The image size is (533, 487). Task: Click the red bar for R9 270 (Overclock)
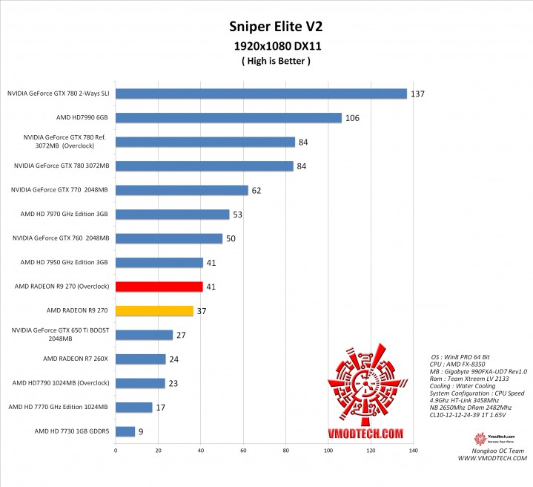click(159, 287)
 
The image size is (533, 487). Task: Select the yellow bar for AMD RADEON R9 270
click(154, 311)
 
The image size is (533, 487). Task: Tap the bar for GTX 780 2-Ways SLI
click(261, 94)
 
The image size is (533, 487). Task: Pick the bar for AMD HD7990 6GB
click(228, 118)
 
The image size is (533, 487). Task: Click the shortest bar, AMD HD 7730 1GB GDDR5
click(125, 431)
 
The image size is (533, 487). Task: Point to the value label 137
click(418, 94)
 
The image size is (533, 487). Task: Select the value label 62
click(256, 191)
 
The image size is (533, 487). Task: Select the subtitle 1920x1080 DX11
click(266, 46)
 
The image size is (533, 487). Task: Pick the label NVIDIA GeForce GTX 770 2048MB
click(60, 190)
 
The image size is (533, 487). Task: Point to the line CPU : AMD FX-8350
click(461, 365)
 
